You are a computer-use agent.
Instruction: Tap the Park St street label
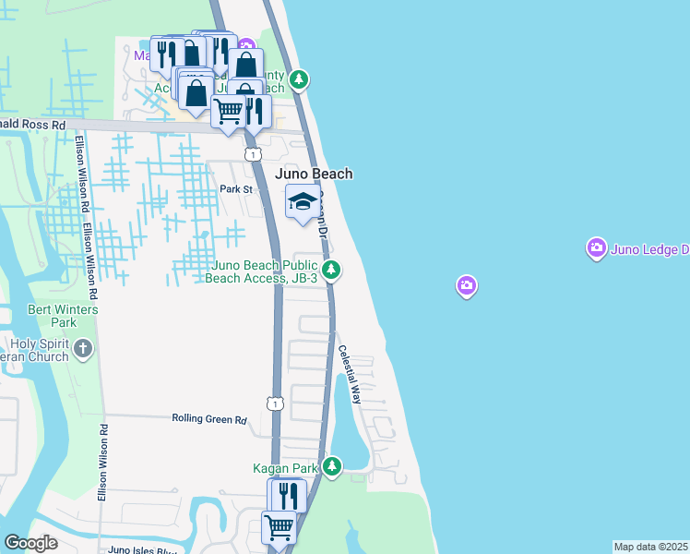tap(236, 189)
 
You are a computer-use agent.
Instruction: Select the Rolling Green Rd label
tap(209, 419)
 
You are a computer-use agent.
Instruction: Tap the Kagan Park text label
tap(285, 468)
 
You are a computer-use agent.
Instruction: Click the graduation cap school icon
tap(301, 202)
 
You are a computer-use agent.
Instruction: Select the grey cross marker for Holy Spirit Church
tap(83, 349)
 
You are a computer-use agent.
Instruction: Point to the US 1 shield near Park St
tap(252, 154)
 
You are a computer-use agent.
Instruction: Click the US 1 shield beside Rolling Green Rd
tap(274, 403)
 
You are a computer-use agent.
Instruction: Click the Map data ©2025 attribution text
tap(650, 547)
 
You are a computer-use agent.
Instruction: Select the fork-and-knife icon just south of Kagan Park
tap(286, 494)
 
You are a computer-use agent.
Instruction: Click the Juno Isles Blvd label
tap(140, 549)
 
